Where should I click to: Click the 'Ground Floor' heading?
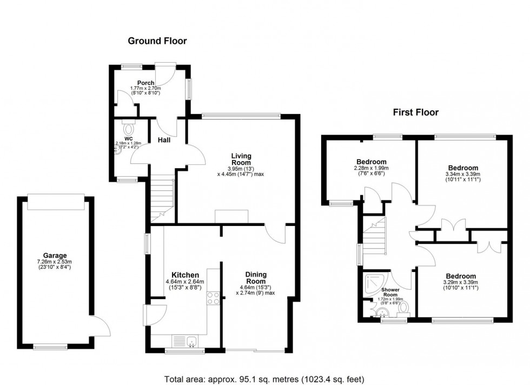(157, 41)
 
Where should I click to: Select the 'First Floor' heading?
(415, 112)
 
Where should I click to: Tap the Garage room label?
(55, 256)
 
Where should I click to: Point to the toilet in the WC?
(129, 129)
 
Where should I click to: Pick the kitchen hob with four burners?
(213, 299)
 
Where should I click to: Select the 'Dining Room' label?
(255, 278)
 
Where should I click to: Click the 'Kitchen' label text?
(186, 275)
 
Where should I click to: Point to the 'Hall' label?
(164, 140)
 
